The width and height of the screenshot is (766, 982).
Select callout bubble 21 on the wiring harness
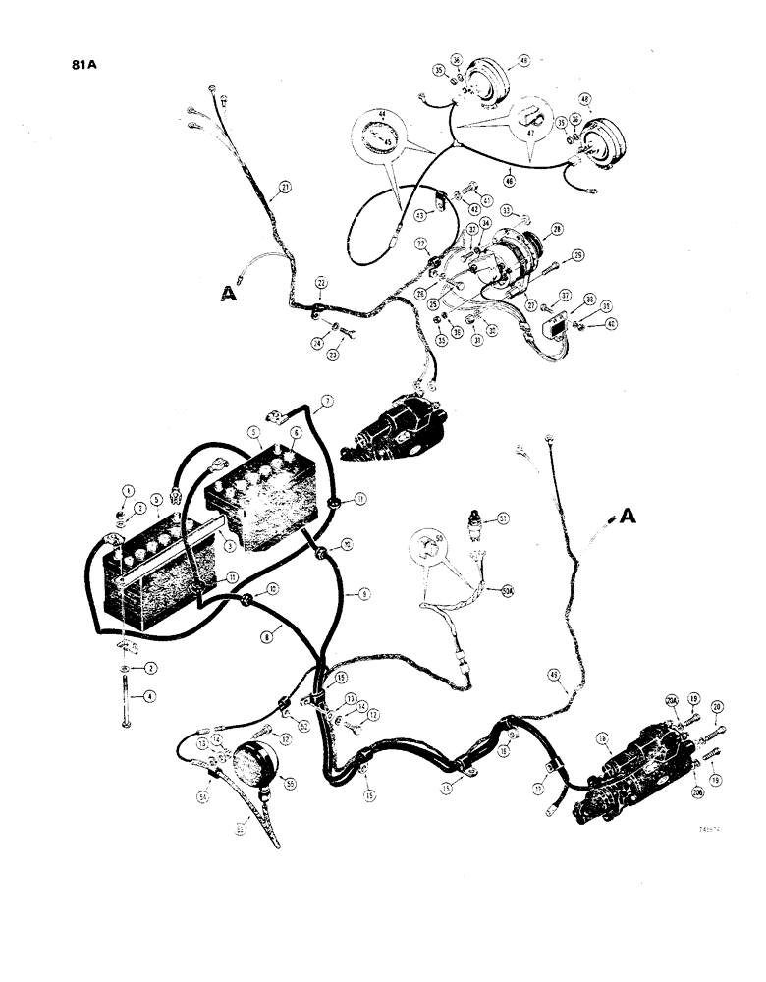tap(285, 188)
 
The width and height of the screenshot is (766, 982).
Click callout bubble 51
tap(503, 518)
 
